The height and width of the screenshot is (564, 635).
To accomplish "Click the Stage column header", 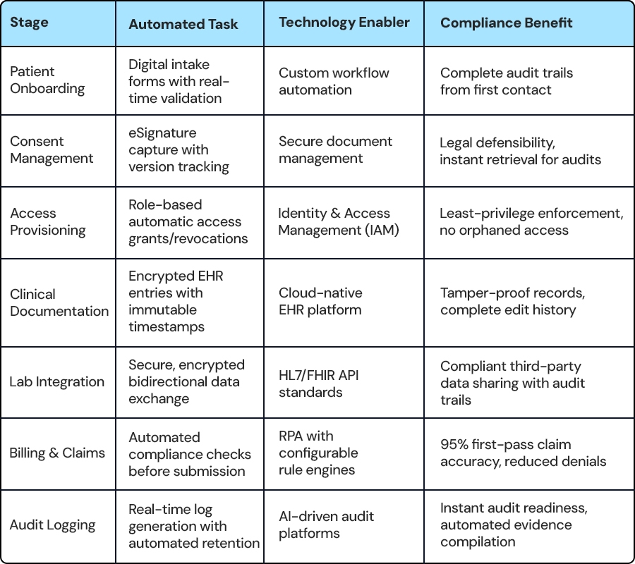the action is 29,23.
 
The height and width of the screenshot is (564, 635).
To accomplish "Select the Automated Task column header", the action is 183,24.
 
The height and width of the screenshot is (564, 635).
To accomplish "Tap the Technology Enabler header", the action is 344,23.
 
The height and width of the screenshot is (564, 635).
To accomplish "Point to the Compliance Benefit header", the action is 506,23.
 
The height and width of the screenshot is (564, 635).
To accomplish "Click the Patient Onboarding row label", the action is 47,80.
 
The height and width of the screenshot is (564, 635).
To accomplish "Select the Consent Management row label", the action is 52,149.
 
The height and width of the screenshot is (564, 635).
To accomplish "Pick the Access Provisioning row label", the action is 48,221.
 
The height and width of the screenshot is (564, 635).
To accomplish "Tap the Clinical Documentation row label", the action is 59,302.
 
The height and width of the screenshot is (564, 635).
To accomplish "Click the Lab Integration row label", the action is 56,381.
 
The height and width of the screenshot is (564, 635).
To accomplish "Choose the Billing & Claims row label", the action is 57,453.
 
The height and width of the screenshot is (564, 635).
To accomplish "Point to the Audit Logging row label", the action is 53,525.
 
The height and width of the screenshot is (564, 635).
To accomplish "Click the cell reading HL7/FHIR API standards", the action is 319,384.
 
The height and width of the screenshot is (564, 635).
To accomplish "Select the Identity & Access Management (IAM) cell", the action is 339,221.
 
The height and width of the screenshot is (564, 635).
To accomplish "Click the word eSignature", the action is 162,133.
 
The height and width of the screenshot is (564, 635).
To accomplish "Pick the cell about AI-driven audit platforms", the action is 326,525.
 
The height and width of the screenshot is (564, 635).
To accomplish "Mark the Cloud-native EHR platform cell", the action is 320,302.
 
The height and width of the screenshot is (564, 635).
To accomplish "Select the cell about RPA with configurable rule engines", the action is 318,453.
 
